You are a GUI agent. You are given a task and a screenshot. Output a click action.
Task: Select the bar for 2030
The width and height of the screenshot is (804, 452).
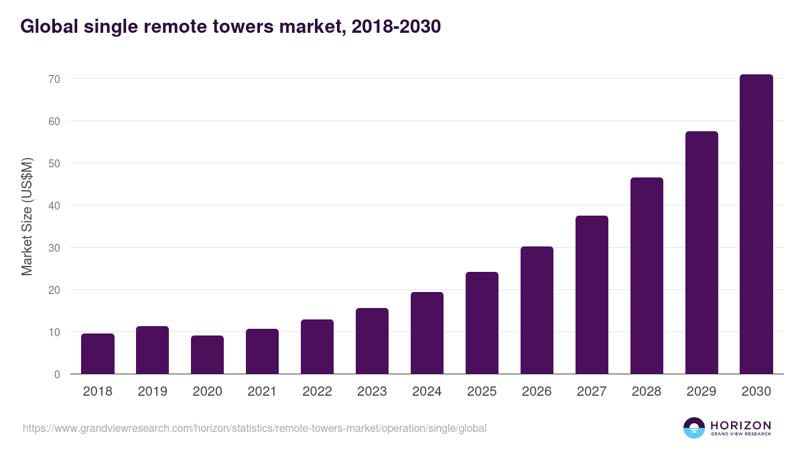coord(756,224)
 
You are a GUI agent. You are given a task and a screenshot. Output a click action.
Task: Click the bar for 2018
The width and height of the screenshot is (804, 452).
coord(98,354)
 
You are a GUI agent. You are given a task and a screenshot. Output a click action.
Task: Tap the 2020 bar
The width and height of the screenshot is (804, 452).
coord(207,355)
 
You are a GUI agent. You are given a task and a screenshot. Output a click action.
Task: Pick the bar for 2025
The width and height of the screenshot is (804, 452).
coord(482,323)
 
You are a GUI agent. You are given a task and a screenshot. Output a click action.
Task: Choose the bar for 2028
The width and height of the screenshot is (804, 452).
coord(647,276)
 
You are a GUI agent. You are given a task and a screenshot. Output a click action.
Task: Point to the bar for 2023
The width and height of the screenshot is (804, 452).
coord(372,341)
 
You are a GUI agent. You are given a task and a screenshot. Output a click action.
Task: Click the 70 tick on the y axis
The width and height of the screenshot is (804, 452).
coord(54,79)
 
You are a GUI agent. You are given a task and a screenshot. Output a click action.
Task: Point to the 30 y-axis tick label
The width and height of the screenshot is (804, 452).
coord(54,248)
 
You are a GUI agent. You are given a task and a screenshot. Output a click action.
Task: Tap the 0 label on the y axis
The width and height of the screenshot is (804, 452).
coord(58,374)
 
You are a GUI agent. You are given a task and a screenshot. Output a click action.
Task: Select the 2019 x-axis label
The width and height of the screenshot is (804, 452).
coord(153,392)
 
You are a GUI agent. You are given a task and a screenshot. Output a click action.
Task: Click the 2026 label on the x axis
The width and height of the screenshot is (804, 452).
coord(537,392)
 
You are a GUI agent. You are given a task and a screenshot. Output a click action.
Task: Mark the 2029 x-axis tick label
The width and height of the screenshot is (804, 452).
coord(701,392)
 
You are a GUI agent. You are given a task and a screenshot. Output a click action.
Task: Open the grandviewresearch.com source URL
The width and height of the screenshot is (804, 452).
coord(255,428)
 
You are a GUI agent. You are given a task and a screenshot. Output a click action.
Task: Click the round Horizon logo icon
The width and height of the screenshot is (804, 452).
coord(694,428)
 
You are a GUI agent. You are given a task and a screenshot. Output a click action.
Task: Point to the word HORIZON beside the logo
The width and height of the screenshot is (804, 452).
coord(741,425)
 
